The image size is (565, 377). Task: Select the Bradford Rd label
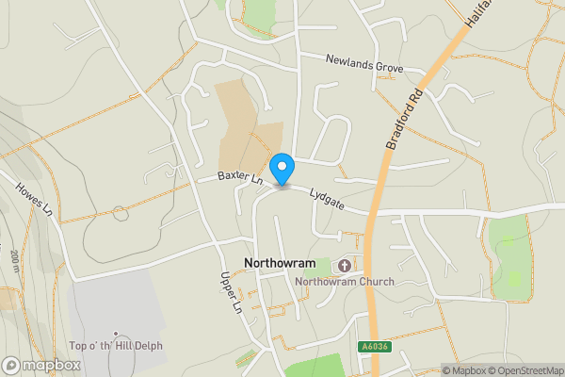click(401, 120)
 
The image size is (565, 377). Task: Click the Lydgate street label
click(327, 195)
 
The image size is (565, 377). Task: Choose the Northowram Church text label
click(344, 282)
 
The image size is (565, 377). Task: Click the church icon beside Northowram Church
click(343, 268)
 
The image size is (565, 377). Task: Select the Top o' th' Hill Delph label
click(115, 346)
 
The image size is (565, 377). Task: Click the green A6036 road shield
click(375, 347)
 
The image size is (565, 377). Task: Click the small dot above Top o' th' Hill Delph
click(115, 333)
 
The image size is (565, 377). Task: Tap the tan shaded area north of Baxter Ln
click(243, 127)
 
